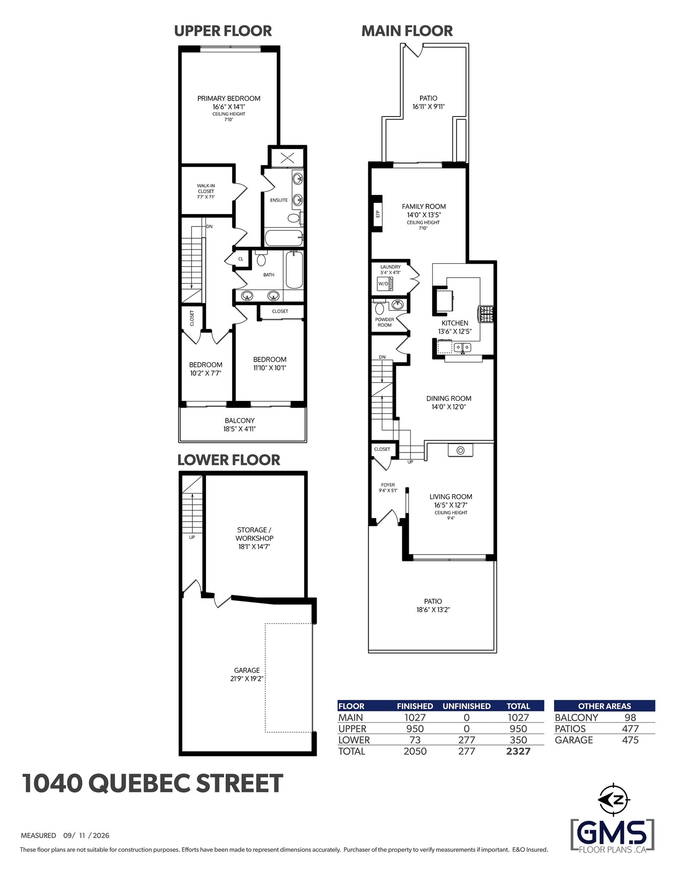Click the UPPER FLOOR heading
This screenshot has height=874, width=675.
pyautogui.click(x=223, y=31)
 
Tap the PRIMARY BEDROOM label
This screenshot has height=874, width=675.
pyautogui.click(x=229, y=98)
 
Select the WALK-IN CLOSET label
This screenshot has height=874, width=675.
pyautogui.click(x=206, y=188)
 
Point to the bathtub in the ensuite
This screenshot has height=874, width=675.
pyautogui.click(x=284, y=238)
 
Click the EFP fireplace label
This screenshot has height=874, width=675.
pyautogui.click(x=378, y=214)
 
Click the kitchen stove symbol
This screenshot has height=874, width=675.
pyautogui.click(x=486, y=314)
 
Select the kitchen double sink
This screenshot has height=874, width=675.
pyautogui.click(x=462, y=348)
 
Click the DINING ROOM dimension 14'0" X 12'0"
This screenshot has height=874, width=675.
pyautogui.click(x=448, y=407)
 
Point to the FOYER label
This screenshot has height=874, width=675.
pyautogui.click(x=388, y=485)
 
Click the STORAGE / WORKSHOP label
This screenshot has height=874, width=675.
pyautogui.click(x=254, y=534)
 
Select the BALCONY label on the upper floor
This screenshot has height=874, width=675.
pyautogui.click(x=240, y=420)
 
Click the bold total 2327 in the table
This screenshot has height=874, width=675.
pyautogui.click(x=518, y=751)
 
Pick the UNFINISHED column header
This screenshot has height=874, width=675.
pyautogui.click(x=467, y=706)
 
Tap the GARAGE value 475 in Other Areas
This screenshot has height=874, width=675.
pyautogui.click(x=630, y=740)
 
